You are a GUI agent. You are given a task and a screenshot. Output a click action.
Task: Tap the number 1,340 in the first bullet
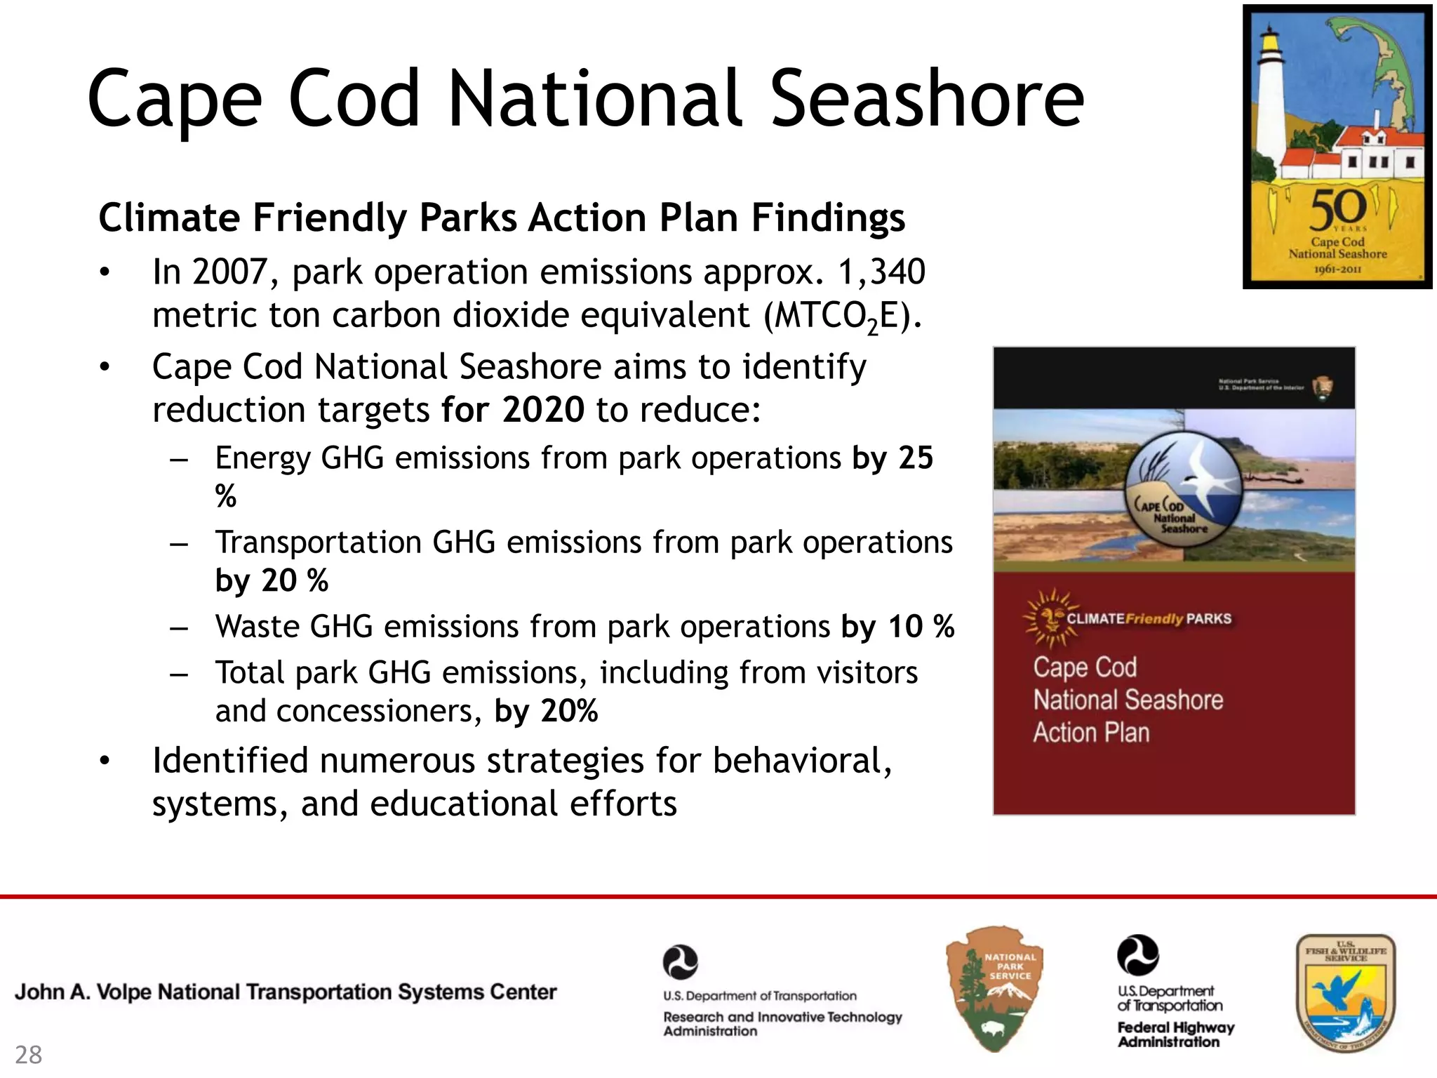(x=882, y=272)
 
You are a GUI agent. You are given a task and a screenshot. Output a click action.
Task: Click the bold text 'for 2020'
(x=513, y=410)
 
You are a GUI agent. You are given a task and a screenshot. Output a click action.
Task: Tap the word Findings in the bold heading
(x=828, y=218)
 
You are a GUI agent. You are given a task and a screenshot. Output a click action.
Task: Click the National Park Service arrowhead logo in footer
(x=994, y=988)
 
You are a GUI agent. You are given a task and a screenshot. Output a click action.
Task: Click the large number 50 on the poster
(x=1338, y=208)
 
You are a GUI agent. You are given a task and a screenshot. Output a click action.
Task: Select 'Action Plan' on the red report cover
(x=1091, y=733)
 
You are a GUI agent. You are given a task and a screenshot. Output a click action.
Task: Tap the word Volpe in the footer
(x=123, y=992)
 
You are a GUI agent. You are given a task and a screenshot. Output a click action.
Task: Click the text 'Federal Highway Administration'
(x=1175, y=1034)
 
